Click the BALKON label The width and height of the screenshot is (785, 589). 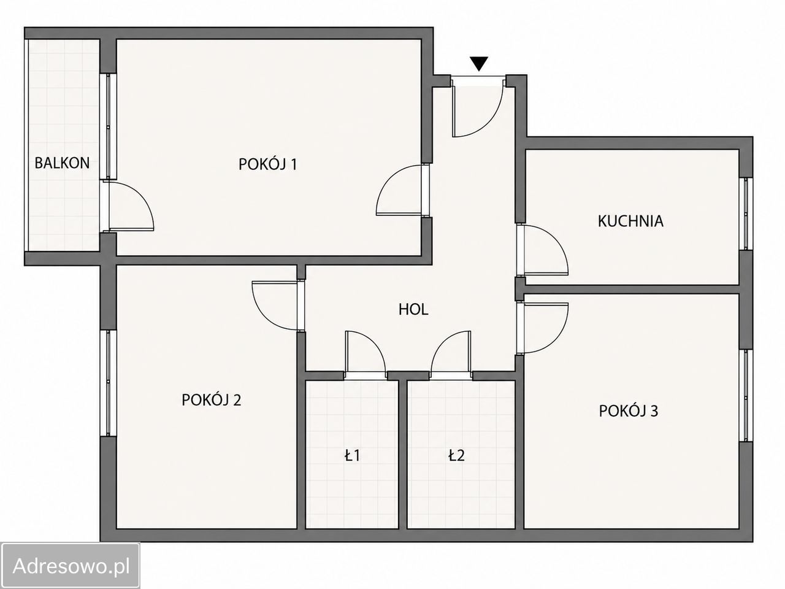click(62, 163)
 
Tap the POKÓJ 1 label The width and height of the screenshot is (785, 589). click(268, 164)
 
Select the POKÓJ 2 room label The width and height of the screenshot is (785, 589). click(212, 400)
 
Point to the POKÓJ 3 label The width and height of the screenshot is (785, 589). click(629, 411)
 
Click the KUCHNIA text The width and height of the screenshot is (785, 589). click(630, 221)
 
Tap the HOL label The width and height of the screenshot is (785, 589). click(413, 310)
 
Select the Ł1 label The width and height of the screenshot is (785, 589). click(352, 456)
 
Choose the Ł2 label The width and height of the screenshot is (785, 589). click(457, 456)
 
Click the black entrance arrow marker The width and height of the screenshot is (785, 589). click(479, 64)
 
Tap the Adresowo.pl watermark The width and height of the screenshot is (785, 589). click(71, 566)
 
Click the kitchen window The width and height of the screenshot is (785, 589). click(745, 214)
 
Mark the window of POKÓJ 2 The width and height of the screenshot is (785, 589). click(109, 383)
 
